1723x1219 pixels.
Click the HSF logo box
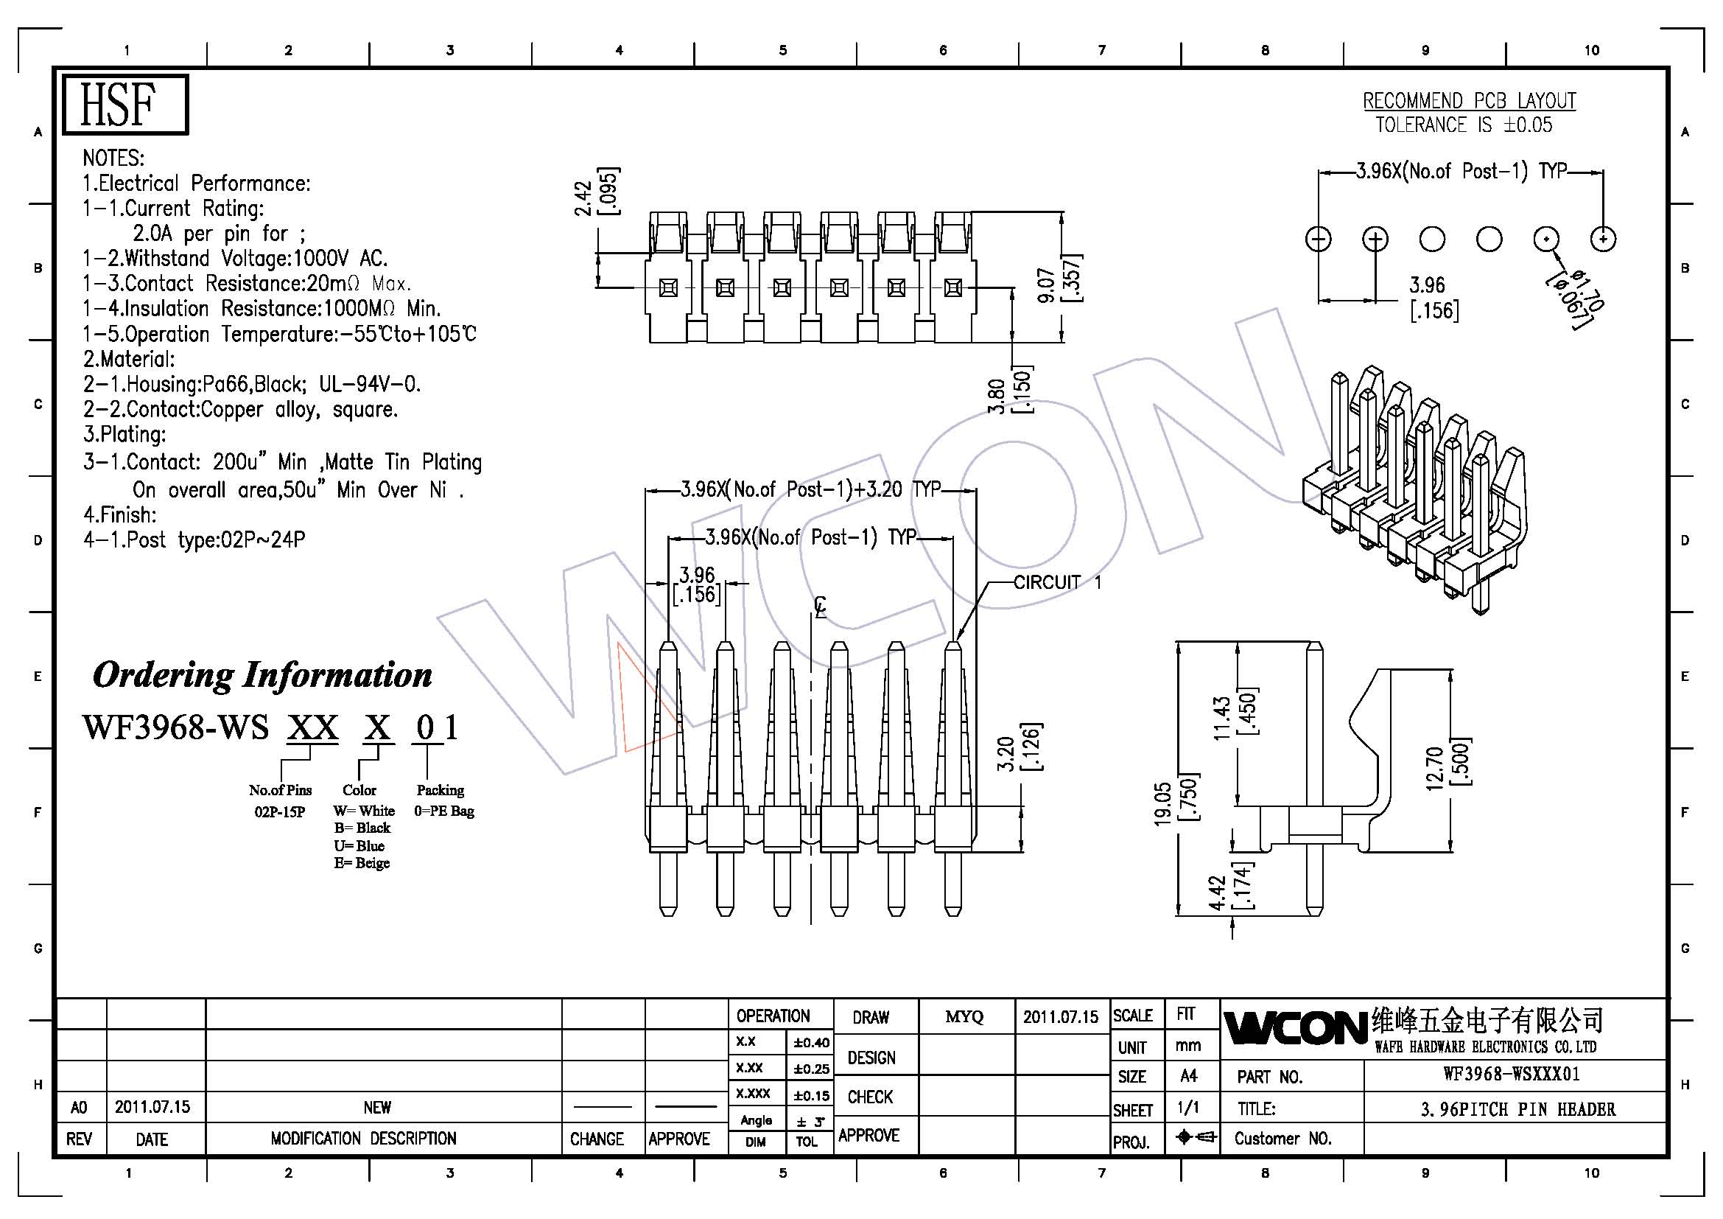pyautogui.click(x=124, y=105)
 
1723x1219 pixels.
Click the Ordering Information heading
pyautogui.click(x=262, y=675)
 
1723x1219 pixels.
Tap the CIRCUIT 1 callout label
pyautogui.click(x=1057, y=581)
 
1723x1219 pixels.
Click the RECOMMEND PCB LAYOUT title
pyautogui.click(x=1470, y=100)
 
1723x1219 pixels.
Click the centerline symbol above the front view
pyautogui.click(x=821, y=607)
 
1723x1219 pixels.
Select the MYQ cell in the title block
pyautogui.click(x=964, y=1016)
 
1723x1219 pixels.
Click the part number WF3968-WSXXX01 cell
pyautogui.click(x=1512, y=1074)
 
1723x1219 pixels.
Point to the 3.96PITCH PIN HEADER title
pyautogui.click(x=1517, y=1108)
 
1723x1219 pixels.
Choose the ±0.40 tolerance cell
pyautogui.click(x=811, y=1042)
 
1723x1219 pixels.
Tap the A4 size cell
pyautogui.click(x=1189, y=1075)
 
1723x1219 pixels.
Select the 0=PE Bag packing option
pyautogui.click(x=444, y=811)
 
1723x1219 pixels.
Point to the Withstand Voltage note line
pyautogui.click(x=235, y=258)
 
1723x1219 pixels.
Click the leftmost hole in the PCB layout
pyautogui.click(x=1319, y=240)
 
